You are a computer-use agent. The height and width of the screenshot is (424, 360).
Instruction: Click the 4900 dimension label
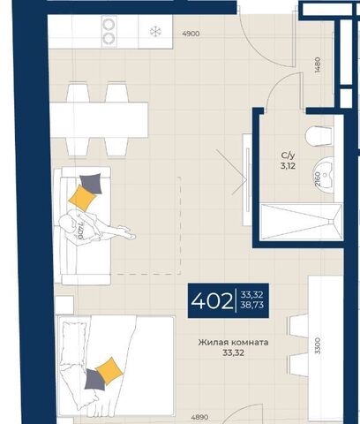pos(191,34)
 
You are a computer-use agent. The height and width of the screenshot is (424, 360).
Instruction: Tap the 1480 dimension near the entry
pos(318,65)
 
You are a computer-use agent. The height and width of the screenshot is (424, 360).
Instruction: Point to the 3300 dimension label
pos(318,346)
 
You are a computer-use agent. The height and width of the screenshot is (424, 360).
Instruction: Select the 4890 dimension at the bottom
pos(199,417)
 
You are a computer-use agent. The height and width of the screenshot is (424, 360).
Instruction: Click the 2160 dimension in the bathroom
pos(318,179)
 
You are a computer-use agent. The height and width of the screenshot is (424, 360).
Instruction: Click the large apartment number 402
pos(212,301)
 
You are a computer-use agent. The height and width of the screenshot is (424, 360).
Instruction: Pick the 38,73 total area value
pos(251,306)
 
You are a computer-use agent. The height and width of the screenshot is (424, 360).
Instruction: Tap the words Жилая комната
pos(233,343)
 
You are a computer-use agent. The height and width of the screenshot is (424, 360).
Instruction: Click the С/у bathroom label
pos(288,155)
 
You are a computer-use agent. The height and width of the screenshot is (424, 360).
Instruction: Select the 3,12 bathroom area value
pos(288,166)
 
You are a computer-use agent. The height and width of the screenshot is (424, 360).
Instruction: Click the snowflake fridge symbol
pos(155,32)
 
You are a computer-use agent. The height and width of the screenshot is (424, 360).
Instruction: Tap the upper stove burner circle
pos(109,24)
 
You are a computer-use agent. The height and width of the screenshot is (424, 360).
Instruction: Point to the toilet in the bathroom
pos(319,135)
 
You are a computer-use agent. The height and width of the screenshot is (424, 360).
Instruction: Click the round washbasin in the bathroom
pos(325,175)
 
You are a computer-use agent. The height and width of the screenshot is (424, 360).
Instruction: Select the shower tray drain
pos(332,222)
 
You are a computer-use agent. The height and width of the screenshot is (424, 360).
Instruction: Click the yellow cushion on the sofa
pos(82,198)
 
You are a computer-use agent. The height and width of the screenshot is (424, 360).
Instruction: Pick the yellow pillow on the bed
pos(109,371)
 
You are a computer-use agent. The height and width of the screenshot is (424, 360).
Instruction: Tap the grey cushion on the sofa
pos(92,183)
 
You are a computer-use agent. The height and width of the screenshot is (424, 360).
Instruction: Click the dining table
pos(99,120)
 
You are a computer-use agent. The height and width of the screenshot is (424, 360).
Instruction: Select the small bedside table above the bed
pos(64,305)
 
